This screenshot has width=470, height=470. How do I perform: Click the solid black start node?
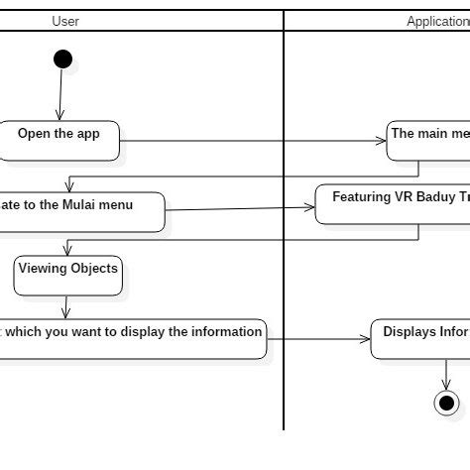pyautogui.click(x=62, y=59)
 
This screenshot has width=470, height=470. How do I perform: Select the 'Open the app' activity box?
pyautogui.click(x=59, y=141)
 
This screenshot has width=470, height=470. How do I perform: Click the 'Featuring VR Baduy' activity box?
pyautogui.click(x=393, y=203)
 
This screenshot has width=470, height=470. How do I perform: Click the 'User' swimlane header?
pyautogui.click(x=65, y=21)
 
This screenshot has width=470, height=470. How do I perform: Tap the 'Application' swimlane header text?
pyautogui.click(x=437, y=21)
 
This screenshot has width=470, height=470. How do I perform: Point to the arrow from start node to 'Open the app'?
pyautogui.click(x=60, y=95)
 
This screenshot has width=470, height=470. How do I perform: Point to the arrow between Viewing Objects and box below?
pyautogui.click(x=66, y=306)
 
